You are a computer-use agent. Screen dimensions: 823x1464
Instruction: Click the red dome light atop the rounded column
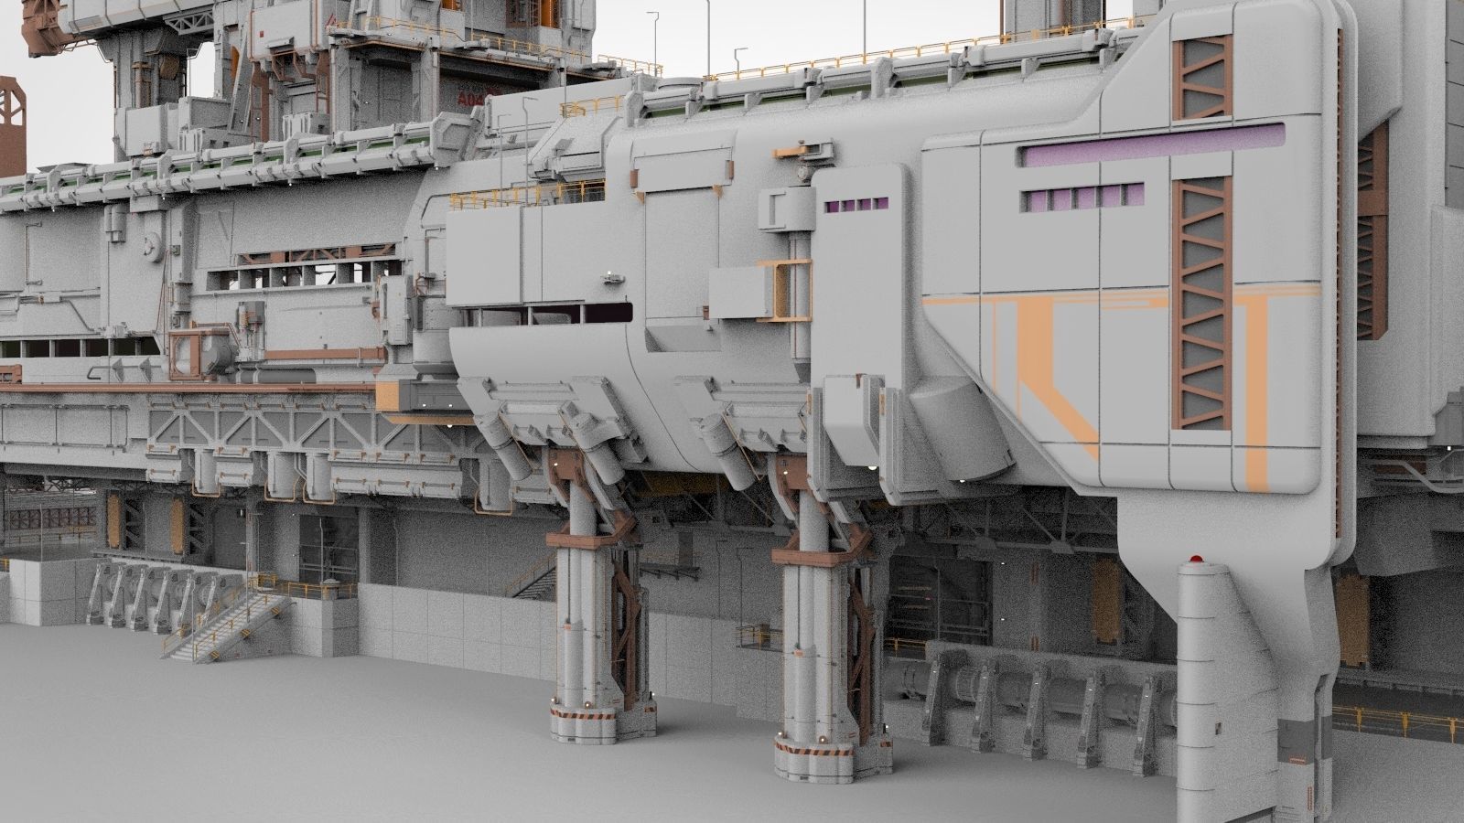pyautogui.click(x=1193, y=557)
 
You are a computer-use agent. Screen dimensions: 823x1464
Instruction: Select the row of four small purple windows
pyautogui.click(x=856, y=205)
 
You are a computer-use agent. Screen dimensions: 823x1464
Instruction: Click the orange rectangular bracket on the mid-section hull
pyautogui.click(x=784, y=291)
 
